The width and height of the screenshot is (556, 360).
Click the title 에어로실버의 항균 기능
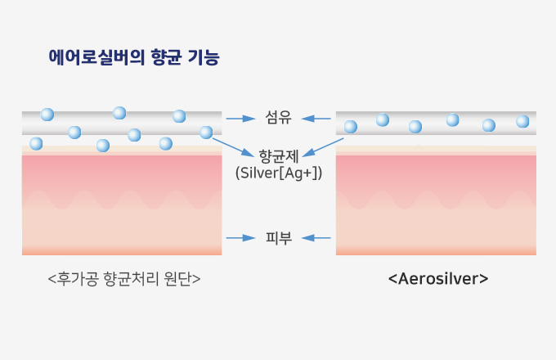coord(134,57)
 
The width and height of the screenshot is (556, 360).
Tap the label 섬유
coord(278,117)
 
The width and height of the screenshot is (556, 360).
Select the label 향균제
coord(279,156)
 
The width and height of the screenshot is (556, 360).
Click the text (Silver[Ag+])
coord(279,173)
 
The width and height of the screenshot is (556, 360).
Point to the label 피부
coord(279,237)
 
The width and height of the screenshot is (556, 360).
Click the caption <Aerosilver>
coord(438,279)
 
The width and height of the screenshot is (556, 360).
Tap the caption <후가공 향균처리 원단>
coord(124,279)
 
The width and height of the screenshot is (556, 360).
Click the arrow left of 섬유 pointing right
coord(240,119)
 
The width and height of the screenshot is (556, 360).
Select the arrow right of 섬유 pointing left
coord(316,119)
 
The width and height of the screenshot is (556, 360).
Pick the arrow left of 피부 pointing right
coord(240,237)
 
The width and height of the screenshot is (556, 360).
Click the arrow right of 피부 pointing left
coord(316,237)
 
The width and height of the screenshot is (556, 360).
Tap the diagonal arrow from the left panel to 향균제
coord(233,147)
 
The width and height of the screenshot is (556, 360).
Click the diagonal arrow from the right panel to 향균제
coord(323,147)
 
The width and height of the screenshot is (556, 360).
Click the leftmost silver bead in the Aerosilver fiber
coord(351,127)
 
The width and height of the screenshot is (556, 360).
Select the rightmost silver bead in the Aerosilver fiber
coord(522,121)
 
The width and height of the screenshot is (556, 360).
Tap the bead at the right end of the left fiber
coord(206,133)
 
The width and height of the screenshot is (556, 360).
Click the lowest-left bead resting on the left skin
coord(36,144)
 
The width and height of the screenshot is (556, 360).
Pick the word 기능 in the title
coord(204,57)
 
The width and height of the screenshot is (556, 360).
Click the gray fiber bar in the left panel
coord(122,123)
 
